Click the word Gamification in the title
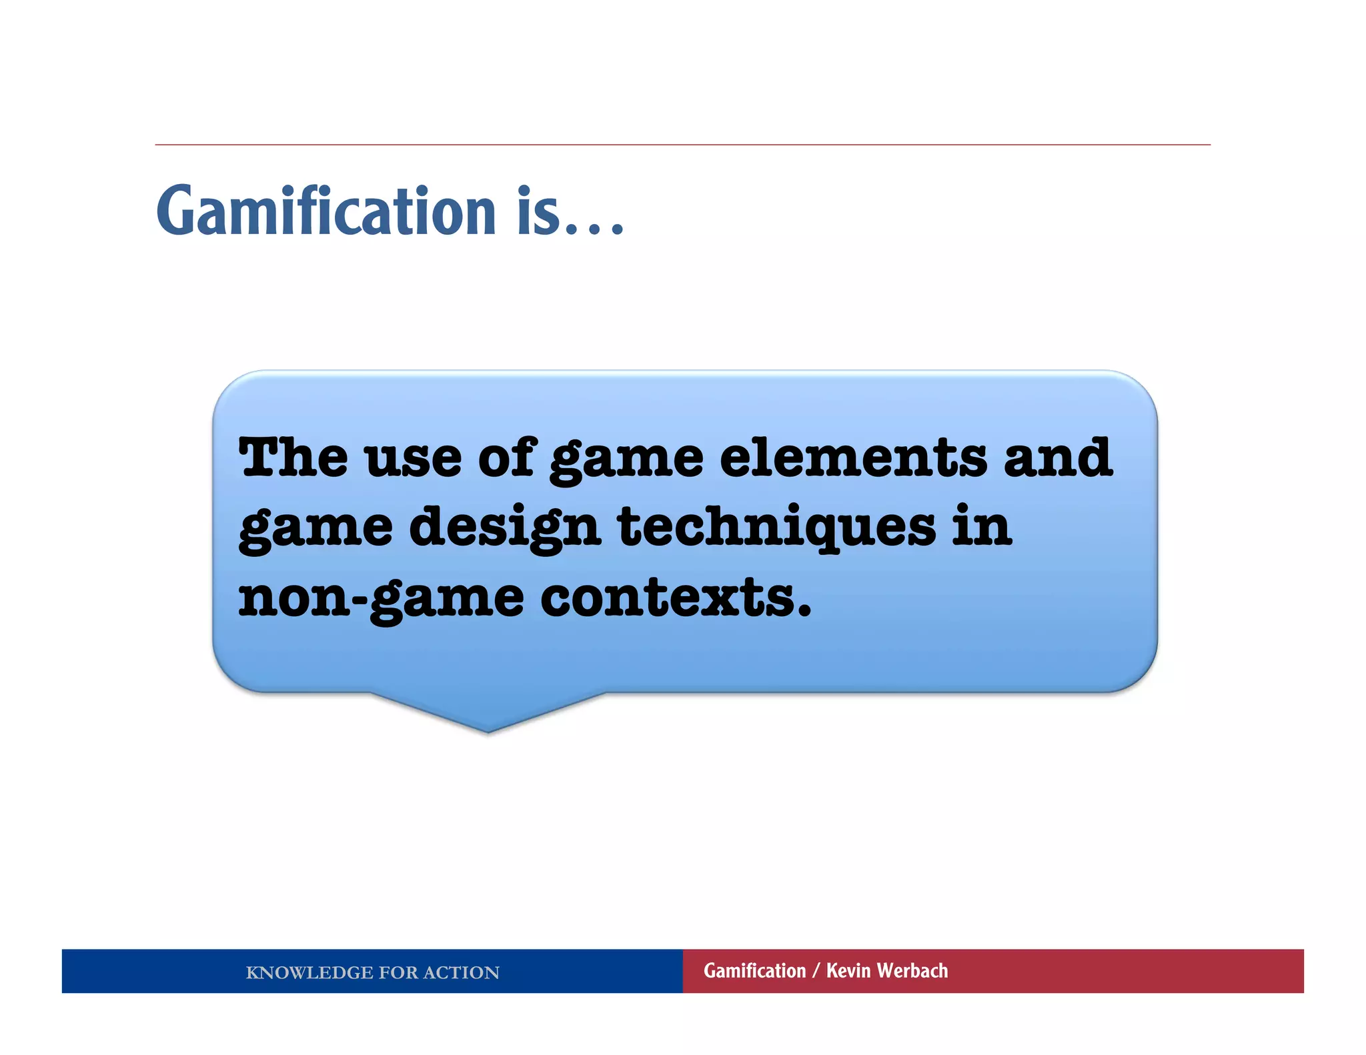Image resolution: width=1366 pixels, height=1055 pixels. [x=327, y=212]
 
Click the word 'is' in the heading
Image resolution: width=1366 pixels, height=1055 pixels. [x=539, y=212]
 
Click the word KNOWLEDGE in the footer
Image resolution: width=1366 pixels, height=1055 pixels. [x=309, y=972]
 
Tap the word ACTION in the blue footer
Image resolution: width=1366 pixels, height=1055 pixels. [x=461, y=972]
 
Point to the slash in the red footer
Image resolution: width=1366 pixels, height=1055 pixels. [x=816, y=971]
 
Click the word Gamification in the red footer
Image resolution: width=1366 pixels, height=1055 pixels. [x=754, y=971]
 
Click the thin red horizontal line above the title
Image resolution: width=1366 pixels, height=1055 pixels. [x=682, y=145]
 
